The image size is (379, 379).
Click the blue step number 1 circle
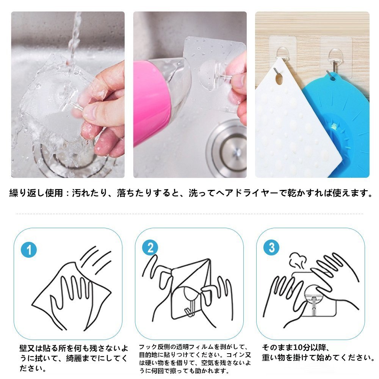coord(29,250)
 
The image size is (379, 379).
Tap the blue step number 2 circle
coord(150,247)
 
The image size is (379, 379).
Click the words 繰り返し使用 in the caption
coord(36,193)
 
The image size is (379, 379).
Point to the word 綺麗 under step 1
coord(74,358)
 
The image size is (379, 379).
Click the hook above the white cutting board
coord(282,58)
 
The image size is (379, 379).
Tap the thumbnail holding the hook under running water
coord(68,94)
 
